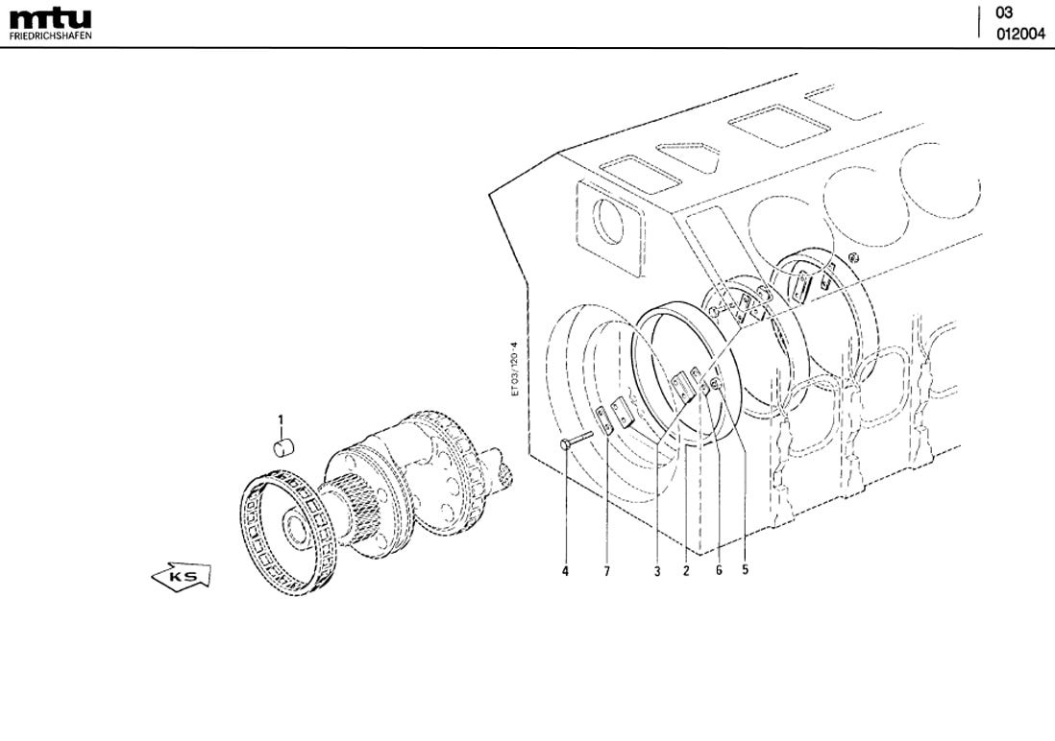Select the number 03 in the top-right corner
point(1004,13)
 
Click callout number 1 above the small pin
point(281,419)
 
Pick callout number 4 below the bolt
point(565,571)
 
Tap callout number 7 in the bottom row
point(606,571)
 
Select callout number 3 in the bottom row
point(657,571)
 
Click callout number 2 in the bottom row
point(686,571)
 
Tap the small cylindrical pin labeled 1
point(284,444)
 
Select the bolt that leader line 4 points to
point(577,440)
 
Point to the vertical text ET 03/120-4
point(515,369)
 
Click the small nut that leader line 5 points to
point(716,386)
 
